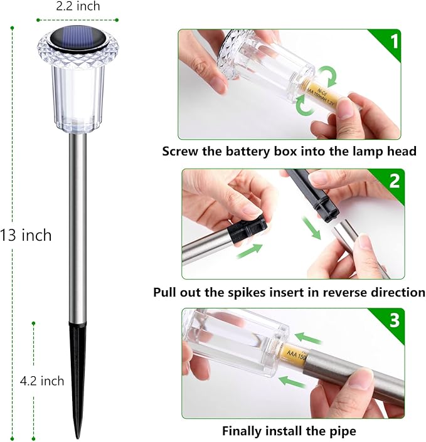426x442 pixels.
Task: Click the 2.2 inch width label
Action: pos(77,7)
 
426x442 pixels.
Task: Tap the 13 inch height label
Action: pos(26,236)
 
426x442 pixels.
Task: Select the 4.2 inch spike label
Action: pos(42,381)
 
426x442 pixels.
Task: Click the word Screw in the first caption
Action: pos(181,151)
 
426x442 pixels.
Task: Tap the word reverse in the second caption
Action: pos(344,292)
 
